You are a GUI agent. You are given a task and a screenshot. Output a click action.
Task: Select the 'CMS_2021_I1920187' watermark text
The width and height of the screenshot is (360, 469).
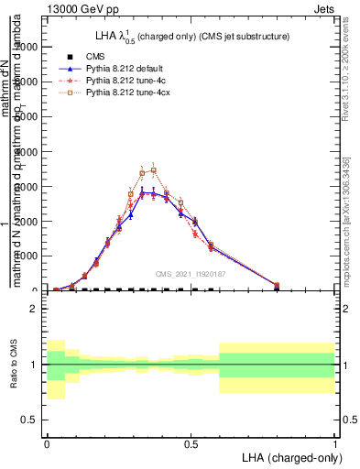coord(191,273)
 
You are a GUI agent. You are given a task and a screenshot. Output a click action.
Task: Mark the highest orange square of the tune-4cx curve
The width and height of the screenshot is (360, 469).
coord(154,169)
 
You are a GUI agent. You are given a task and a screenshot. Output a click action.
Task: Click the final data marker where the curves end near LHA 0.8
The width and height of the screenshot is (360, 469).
coord(278,285)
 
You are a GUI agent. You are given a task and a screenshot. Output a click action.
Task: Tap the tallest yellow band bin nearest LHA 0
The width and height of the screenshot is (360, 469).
coord(56,369)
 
